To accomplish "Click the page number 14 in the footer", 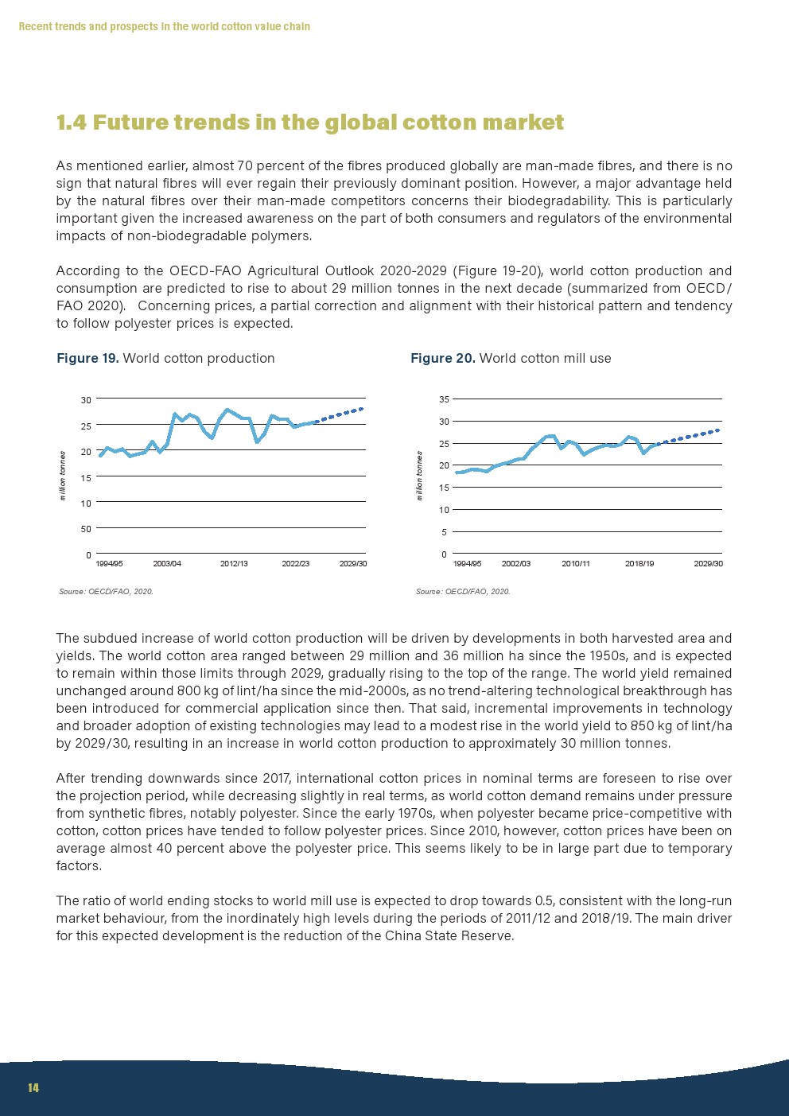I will point(33,1088).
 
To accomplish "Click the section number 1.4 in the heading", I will point(72,122).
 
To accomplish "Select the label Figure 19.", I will point(87,359).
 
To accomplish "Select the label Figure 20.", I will point(442,359).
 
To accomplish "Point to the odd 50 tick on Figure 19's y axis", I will point(86,529).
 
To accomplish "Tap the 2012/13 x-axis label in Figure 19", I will point(234,564).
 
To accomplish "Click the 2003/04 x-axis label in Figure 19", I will point(167,564).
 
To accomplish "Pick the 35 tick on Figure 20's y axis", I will point(444,399).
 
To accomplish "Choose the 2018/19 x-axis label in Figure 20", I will point(639,564).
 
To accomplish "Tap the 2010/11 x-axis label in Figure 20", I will point(576,564).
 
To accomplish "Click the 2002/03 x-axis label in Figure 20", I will point(516,564).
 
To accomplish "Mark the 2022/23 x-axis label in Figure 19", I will point(296,564).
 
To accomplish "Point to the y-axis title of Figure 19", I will point(63,476).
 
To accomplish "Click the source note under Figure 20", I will point(463,592).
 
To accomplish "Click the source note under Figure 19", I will point(106,592).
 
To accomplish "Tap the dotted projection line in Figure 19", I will point(340,414).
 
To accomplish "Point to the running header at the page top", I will point(164,27).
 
